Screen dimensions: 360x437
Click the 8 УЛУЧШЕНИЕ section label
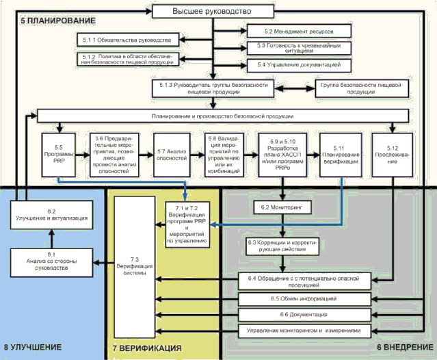[38, 348]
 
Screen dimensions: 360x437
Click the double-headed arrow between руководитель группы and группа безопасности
[295, 88]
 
